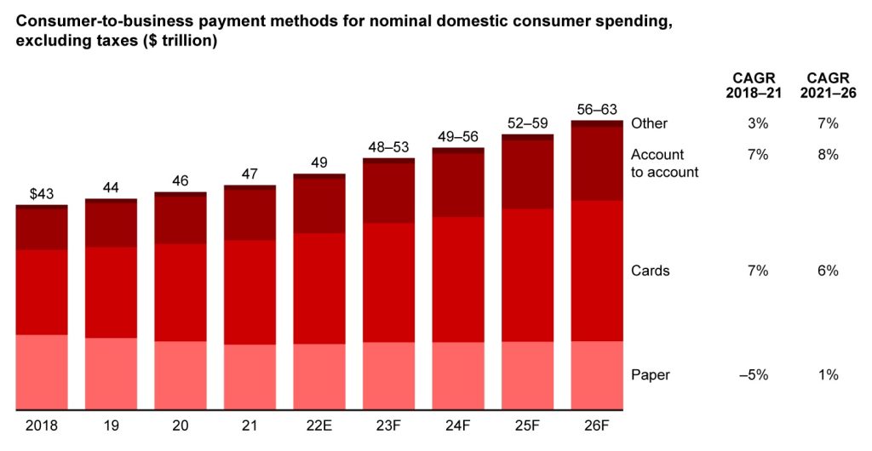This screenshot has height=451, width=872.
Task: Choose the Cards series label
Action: (x=650, y=271)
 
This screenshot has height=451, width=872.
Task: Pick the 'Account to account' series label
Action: (x=664, y=163)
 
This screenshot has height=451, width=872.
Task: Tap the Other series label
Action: (x=649, y=123)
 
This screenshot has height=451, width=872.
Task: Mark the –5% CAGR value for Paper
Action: (x=754, y=374)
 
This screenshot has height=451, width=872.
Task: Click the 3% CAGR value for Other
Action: (x=758, y=123)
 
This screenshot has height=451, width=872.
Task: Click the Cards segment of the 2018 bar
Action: (x=42, y=292)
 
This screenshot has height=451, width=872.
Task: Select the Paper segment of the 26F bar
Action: (x=597, y=374)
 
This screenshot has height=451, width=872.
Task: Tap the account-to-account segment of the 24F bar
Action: (x=458, y=185)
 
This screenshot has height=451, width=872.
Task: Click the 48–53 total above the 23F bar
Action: (x=388, y=146)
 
